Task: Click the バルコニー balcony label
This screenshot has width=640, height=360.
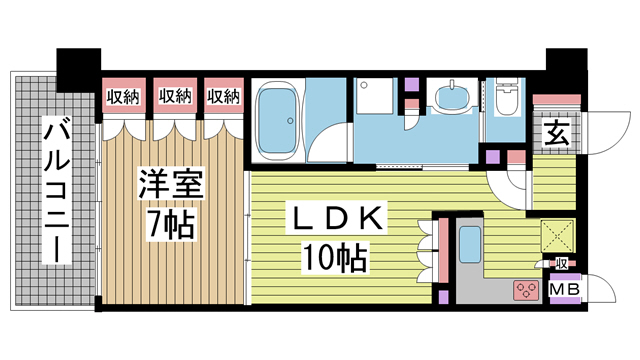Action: coord(57,190)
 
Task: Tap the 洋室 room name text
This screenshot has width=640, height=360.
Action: coord(171,184)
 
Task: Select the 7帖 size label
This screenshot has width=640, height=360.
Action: coord(171,223)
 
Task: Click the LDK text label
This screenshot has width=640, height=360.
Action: coord(336,219)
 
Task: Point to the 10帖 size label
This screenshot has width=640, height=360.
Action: coord(334,258)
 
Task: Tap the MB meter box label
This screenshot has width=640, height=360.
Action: coord(564,289)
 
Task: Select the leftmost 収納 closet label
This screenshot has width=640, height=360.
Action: coord(123,97)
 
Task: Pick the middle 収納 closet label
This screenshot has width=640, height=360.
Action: coord(175,96)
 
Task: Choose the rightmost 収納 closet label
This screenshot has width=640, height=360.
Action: coord(223,97)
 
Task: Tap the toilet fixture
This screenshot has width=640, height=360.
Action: coord(505,96)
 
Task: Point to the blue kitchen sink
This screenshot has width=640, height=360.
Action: coord(470,244)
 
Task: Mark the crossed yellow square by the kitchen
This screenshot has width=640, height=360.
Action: coord(557,236)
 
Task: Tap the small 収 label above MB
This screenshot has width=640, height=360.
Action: coord(561,264)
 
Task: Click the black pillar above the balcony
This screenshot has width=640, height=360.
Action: coord(79,70)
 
